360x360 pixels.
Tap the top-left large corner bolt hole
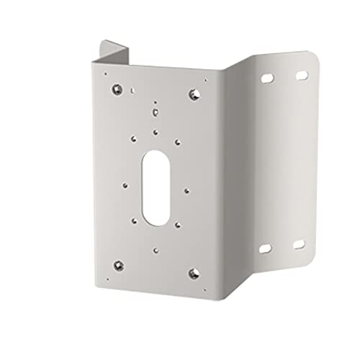click(x=117, y=91)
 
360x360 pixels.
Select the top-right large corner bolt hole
click(x=193, y=94)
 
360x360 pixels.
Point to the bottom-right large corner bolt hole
click(x=193, y=271)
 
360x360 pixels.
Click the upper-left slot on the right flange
click(x=268, y=76)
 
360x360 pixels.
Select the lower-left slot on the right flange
click(x=264, y=248)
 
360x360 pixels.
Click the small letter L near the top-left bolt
click(x=133, y=89)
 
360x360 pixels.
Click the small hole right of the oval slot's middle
click(x=186, y=190)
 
